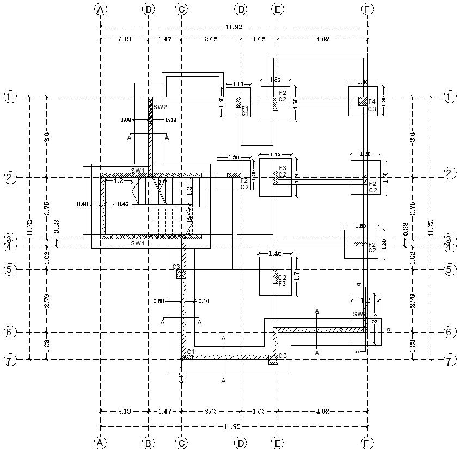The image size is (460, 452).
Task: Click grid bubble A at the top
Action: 100,9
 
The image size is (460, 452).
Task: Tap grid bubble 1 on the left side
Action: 9,97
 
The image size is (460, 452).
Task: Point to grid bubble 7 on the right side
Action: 450,360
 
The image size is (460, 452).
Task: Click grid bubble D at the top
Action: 240,9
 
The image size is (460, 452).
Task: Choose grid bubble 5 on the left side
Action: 9,269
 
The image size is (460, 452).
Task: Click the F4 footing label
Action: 372,102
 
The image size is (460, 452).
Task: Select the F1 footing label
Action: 246,108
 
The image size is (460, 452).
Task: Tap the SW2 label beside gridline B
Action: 160,107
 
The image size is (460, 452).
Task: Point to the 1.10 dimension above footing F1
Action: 238,85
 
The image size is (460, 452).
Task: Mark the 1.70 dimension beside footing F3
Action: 296,177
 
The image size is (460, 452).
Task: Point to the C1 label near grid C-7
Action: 190,352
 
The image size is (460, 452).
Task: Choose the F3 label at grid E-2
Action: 283,168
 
